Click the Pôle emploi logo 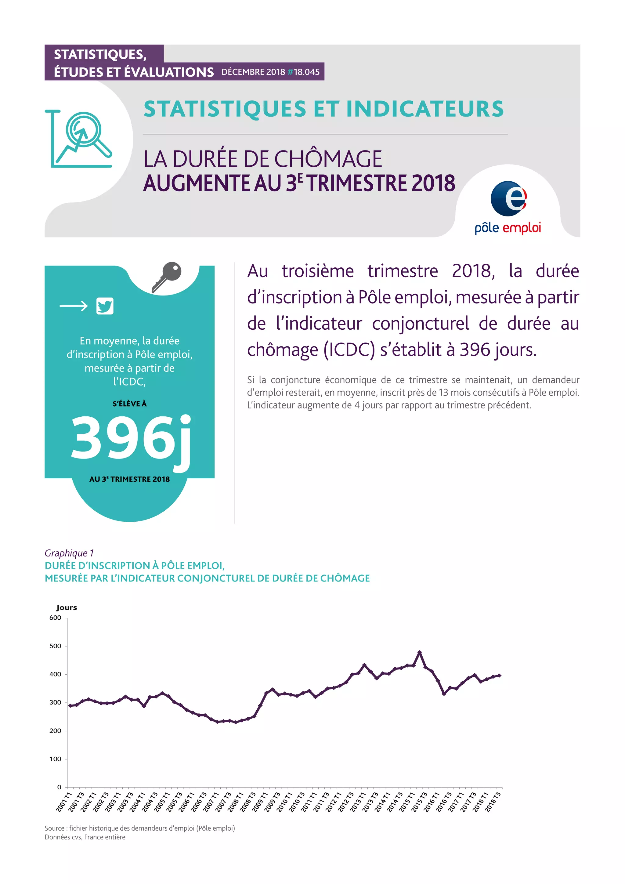[508, 207]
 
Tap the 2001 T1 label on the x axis [64, 802]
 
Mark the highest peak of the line [420, 652]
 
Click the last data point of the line [500, 675]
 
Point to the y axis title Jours [67, 607]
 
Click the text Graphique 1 [69, 553]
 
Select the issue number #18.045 [303, 72]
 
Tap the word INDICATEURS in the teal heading [425, 109]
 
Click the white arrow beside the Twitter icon [74, 306]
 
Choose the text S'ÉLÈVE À [129, 404]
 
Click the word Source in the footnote [54, 828]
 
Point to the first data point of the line [70, 706]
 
